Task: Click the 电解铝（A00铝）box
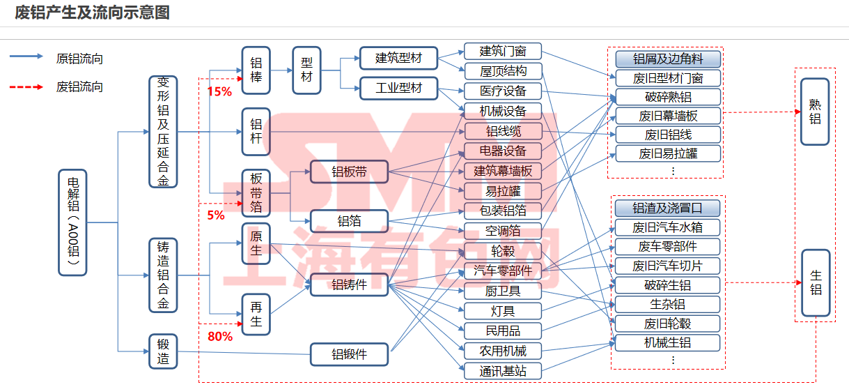click(72, 222)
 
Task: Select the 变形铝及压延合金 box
click(163, 132)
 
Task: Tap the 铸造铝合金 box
click(163, 275)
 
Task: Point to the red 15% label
click(219, 91)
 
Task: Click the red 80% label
click(220, 337)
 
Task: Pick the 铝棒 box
click(256, 70)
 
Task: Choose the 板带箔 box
click(256, 192)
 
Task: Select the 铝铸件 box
click(349, 284)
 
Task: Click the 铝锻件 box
click(349, 354)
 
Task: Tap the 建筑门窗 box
click(502, 51)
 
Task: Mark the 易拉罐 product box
click(502, 190)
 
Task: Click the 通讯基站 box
click(502, 371)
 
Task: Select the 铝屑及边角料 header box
click(667, 59)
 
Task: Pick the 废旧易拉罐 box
click(667, 153)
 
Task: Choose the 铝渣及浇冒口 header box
click(667, 208)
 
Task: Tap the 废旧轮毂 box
click(667, 324)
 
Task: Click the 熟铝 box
click(814, 112)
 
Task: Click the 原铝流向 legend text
click(79, 59)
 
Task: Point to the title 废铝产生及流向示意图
click(93, 13)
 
